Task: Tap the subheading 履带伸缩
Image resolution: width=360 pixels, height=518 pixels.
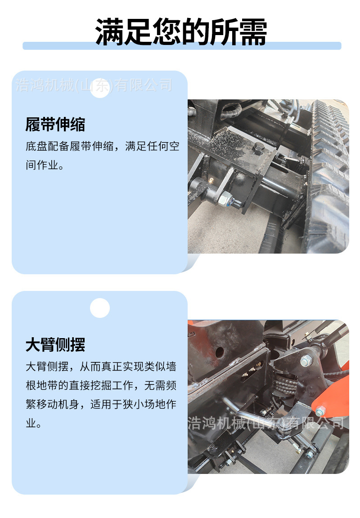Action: point(55,125)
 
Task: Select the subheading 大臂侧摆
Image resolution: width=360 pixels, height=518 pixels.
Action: point(55,345)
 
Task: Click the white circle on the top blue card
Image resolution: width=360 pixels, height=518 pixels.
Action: point(100,88)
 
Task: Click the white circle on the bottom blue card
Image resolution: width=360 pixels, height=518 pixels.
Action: point(100,308)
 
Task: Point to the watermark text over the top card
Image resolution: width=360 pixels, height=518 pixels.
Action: point(94,85)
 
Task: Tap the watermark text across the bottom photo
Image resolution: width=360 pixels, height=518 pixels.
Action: point(265,423)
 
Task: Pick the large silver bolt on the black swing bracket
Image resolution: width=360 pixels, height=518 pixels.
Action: point(306,360)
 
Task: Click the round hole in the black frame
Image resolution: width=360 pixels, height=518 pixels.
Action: point(220,353)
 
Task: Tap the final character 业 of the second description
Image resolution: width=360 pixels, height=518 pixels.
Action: point(30,423)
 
